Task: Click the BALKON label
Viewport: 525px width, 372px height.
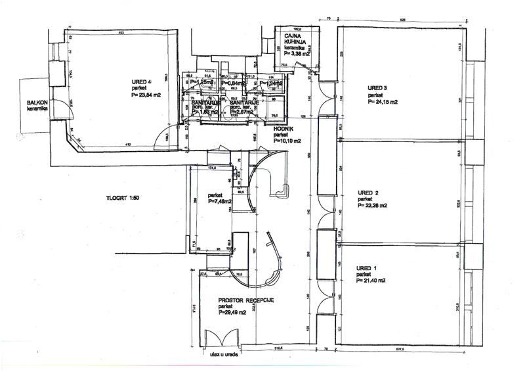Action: click(37, 103)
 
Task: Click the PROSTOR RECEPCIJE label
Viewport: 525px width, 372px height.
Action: click(246, 300)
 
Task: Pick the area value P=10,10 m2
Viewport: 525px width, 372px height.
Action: click(288, 141)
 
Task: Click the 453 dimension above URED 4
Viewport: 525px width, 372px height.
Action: click(121, 32)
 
